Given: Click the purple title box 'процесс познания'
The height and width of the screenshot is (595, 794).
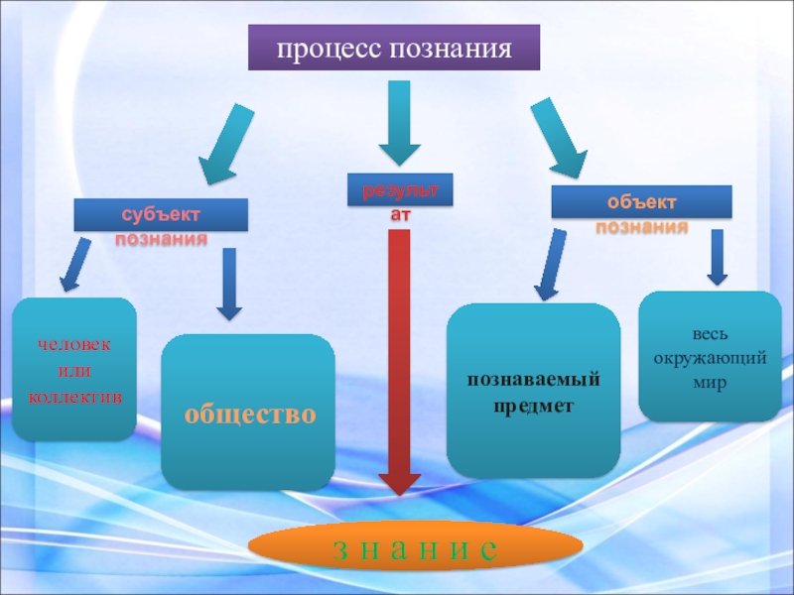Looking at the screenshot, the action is [393, 49].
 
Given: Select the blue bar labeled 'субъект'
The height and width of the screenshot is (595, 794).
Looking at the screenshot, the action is [161, 215].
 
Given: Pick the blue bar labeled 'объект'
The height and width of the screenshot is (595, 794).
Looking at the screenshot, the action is [641, 202].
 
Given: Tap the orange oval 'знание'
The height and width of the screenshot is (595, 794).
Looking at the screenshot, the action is [415, 548].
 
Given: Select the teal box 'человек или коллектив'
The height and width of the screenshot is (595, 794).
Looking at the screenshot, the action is [74, 369].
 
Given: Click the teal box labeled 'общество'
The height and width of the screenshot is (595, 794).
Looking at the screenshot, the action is [248, 413].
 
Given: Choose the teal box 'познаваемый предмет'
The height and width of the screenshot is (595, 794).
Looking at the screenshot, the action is [533, 391].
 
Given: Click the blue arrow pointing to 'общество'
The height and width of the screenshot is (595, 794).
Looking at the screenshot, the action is [229, 284].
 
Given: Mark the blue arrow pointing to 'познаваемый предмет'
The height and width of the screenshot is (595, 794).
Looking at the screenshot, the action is [549, 265].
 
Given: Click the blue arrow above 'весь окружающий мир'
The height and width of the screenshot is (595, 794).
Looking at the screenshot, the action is [718, 257].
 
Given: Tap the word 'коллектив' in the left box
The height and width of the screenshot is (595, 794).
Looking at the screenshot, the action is [74, 396].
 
